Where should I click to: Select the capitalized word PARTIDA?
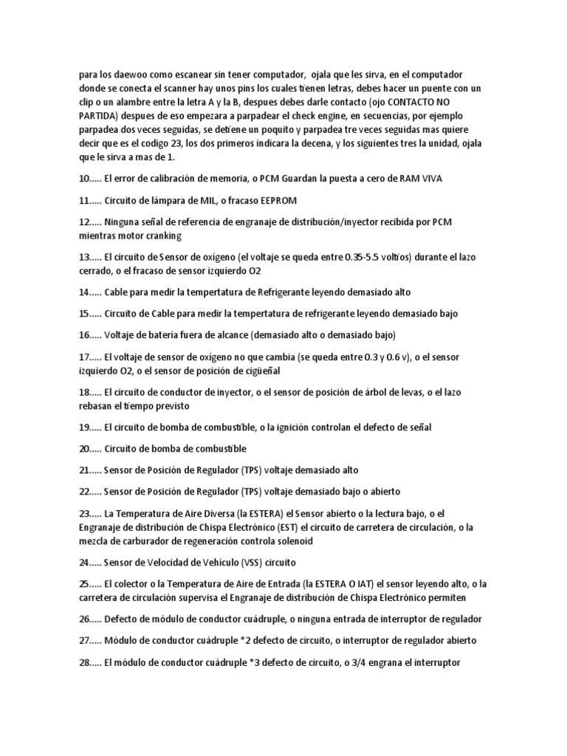(97, 117)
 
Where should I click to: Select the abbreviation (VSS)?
(254, 562)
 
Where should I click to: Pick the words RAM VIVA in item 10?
(420, 179)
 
